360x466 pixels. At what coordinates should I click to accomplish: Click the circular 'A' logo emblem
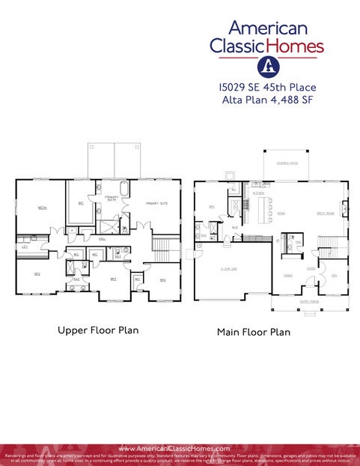(267, 66)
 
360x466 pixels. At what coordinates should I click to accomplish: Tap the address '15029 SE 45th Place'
(267, 88)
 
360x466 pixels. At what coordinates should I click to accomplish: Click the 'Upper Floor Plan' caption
(98, 329)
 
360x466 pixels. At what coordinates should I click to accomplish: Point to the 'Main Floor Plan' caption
(253, 331)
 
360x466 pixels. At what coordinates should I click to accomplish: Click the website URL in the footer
(180, 449)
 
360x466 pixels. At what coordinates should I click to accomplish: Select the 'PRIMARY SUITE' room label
(156, 203)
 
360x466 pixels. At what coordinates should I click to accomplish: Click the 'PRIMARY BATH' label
(112, 199)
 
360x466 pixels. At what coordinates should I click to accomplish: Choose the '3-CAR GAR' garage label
(229, 268)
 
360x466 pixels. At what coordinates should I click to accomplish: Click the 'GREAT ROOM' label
(326, 214)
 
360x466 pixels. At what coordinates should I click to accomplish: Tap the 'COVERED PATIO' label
(287, 162)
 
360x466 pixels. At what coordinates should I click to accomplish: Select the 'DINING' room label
(287, 275)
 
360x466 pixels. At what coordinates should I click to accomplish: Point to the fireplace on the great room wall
(345, 204)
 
